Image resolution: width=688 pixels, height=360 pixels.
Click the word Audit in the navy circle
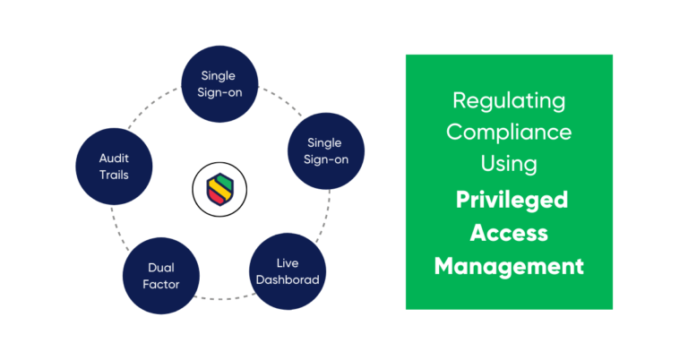click(114, 158)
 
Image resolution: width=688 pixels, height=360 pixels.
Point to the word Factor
click(163, 284)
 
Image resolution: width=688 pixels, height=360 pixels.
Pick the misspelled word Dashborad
click(287, 279)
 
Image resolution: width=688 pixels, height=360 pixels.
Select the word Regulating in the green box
click(509, 100)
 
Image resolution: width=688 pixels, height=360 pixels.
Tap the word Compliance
click(509, 132)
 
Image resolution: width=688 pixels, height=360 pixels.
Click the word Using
click(509, 164)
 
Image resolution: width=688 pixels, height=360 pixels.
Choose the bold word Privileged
click(509, 199)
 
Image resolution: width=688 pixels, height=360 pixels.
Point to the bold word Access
click(509, 233)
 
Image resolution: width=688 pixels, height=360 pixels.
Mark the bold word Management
click(509, 266)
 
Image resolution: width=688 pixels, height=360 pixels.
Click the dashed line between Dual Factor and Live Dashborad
click(224, 296)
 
